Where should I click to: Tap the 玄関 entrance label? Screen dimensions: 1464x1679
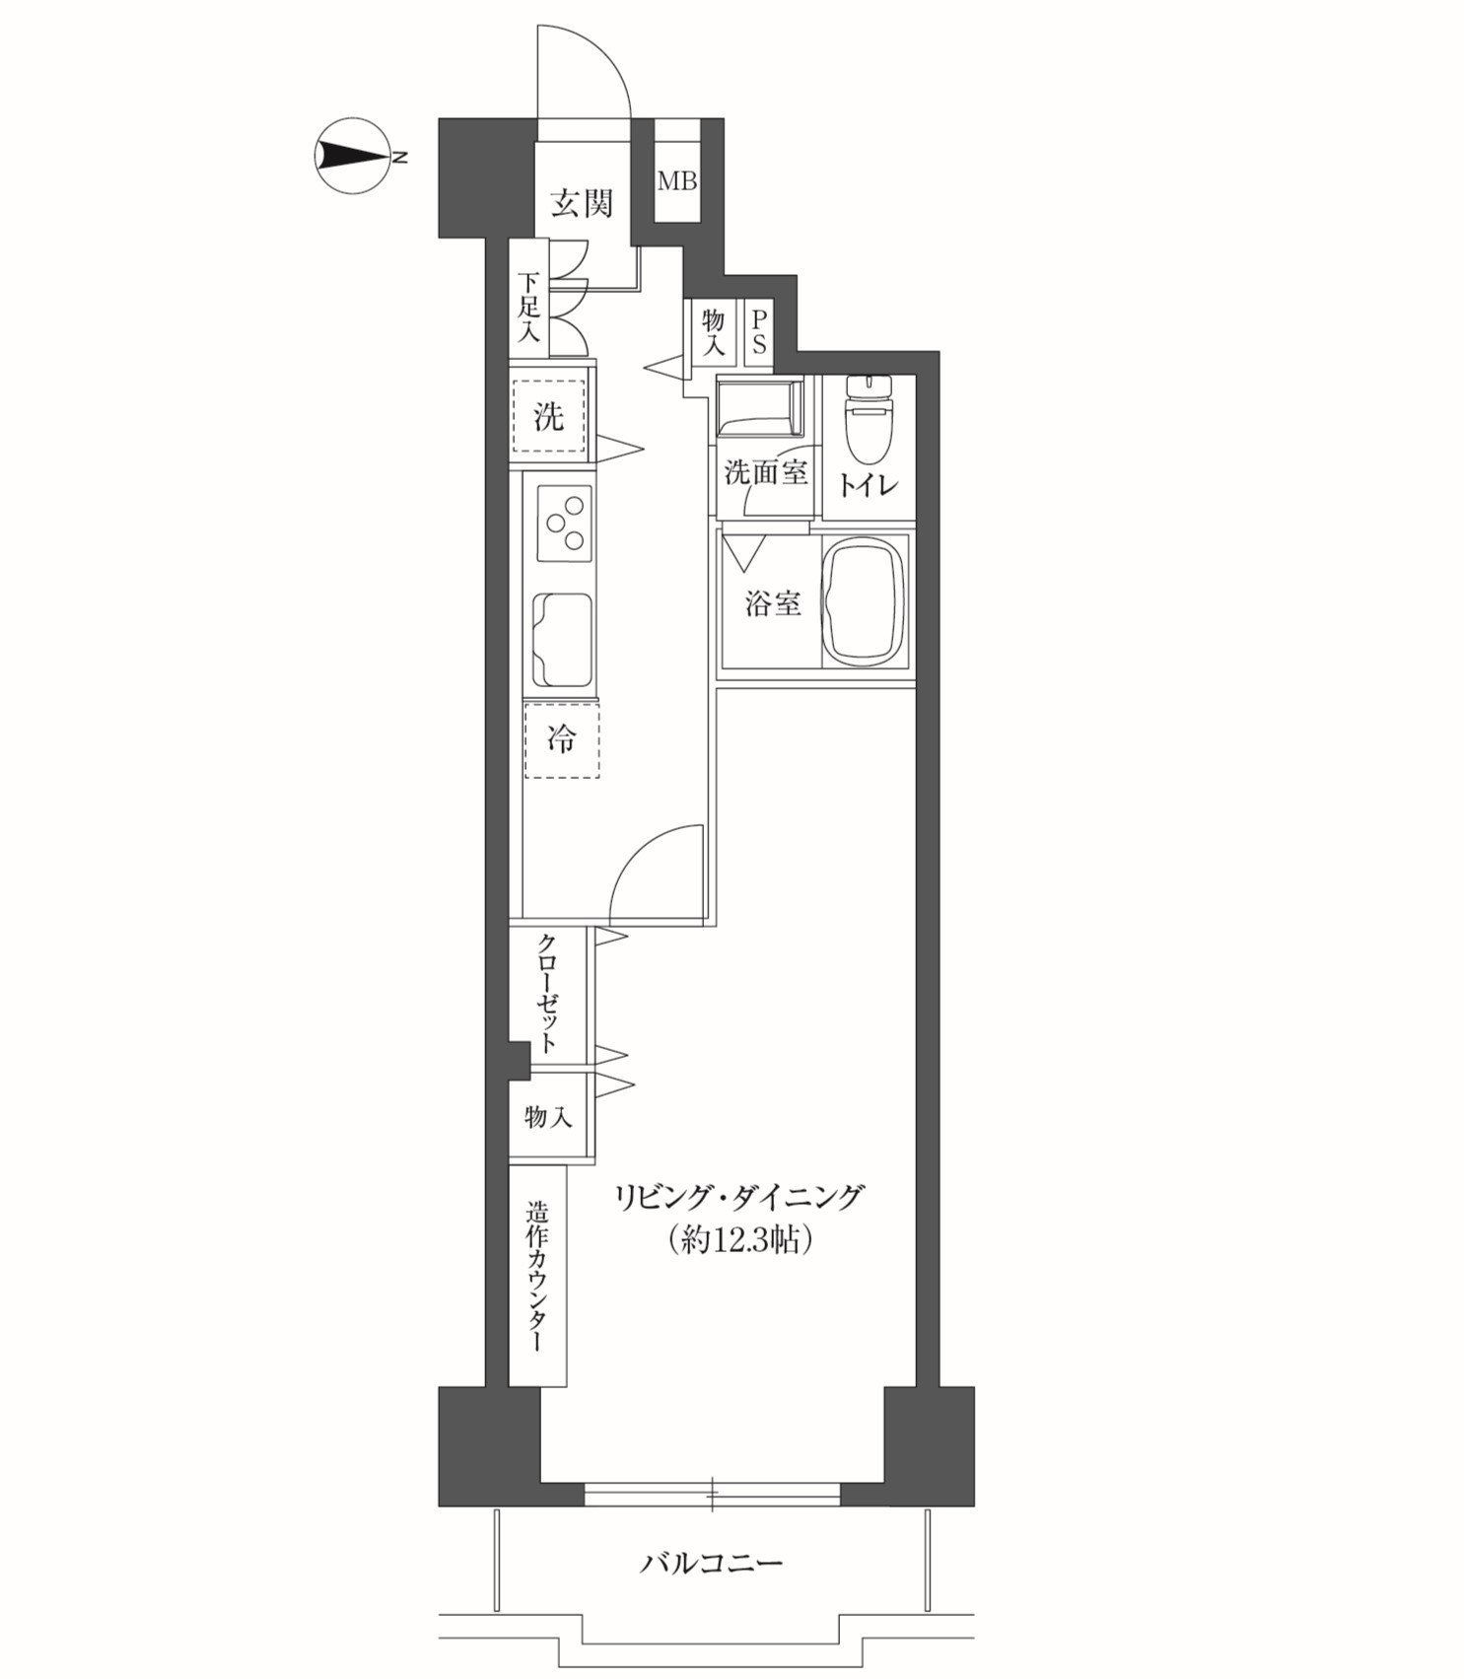582,203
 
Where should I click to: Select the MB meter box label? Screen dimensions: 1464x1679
678,181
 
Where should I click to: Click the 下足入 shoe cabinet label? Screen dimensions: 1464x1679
530,307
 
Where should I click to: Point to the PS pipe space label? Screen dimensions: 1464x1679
759,332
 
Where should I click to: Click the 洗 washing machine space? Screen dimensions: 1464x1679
548,416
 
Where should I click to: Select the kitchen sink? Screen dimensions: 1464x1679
564,640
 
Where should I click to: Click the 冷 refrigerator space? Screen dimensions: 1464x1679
561,740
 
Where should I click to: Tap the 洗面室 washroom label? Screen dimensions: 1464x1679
766,472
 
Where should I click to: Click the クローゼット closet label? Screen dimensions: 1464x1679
549,993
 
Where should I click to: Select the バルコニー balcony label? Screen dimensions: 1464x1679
713,1563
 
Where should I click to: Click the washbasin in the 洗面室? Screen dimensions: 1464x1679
759,406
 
